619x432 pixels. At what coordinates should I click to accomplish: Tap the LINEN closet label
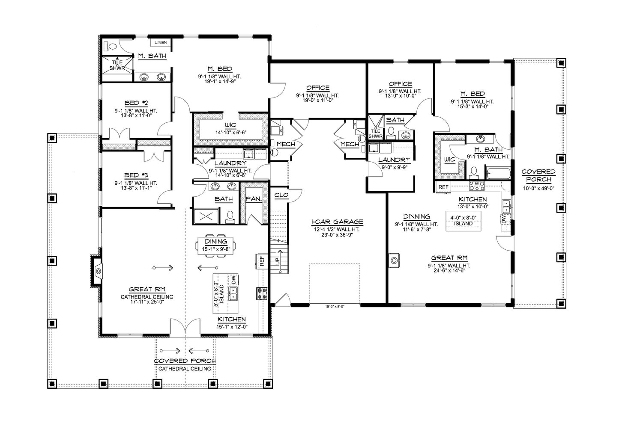pyautogui.click(x=161, y=42)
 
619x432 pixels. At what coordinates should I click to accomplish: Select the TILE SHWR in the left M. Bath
pyautogui.click(x=117, y=65)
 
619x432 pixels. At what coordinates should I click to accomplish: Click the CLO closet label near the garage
pyautogui.click(x=281, y=195)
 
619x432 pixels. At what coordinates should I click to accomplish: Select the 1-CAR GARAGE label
pyautogui.click(x=337, y=222)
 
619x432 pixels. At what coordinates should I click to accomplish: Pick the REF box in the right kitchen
pyautogui.click(x=443, y=187)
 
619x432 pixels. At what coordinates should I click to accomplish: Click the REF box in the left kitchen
pyautogui.click(x=261, y=260)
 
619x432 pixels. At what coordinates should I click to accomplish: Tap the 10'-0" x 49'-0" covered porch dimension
pyautogui.click(x=538, y=188)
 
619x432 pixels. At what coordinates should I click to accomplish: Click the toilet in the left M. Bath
pyautogui.click(x=112, y=46)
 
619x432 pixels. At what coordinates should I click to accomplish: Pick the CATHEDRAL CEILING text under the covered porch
pyautogui.click(x=185, y=369)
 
